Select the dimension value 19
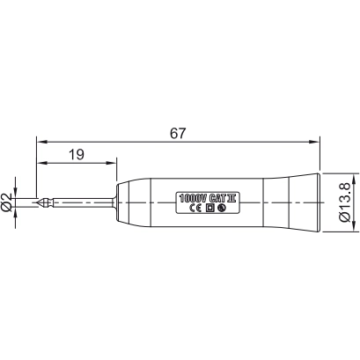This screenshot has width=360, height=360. click(x=76, y=154)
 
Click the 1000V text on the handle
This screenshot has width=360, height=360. click(x=193, y=196)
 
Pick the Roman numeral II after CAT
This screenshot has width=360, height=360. click(x=232, y=196)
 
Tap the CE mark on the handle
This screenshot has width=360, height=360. click(x=196, y=208)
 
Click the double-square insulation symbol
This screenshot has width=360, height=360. click(x=210, y=208)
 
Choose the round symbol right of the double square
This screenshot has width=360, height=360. click(x=222, y=208)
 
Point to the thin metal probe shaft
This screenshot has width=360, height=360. click(x=88, y=202)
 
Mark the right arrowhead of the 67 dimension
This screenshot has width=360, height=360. click(x=313, y=139)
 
